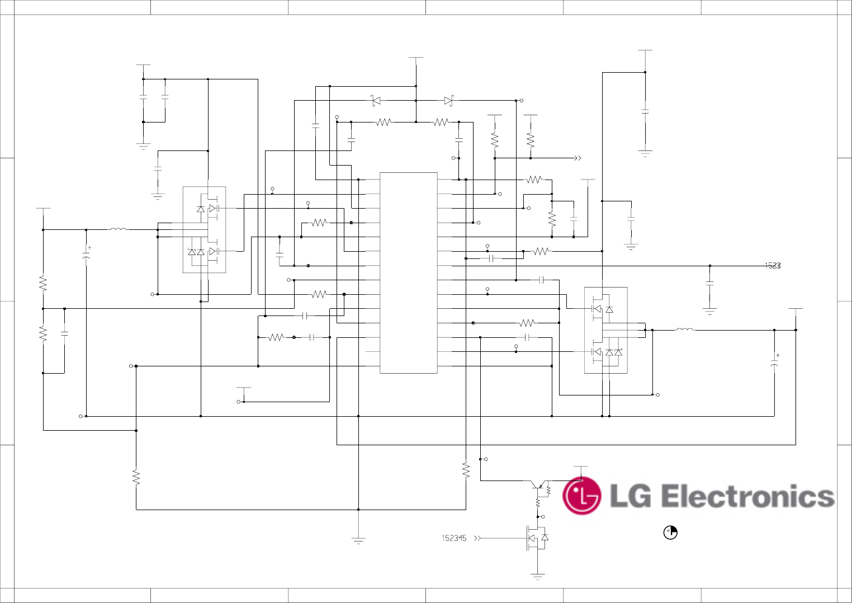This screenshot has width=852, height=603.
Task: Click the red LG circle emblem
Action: click(581, 496)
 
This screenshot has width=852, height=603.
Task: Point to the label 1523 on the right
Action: click(773, 266)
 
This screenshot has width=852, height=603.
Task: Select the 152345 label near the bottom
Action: click(454, 538)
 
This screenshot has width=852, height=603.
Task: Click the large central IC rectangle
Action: click(408, 272)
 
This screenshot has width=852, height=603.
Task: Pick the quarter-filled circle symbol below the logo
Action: click(670, 533)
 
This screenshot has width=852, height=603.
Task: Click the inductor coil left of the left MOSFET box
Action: click(117, 229)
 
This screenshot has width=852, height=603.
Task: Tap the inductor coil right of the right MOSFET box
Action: click(684, 329)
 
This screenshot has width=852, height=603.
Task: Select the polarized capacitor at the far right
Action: click(774, 361)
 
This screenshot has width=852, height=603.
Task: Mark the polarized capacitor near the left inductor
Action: click(86, 252)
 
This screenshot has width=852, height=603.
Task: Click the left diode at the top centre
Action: click(376, 101)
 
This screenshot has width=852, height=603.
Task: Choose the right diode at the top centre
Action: click(448, 101)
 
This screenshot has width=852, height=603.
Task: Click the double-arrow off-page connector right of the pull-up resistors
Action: click(578, 158)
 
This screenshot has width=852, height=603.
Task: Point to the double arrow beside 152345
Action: click(477, 538)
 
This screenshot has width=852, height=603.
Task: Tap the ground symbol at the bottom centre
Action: click(358, 540)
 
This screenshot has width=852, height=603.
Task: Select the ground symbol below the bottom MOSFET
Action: click(537, 576)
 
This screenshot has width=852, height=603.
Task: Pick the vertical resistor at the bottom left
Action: click(136, 477)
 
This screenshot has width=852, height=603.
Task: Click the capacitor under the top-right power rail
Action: click(645, 112)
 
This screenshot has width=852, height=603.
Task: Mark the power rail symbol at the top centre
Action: click(415, 58)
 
